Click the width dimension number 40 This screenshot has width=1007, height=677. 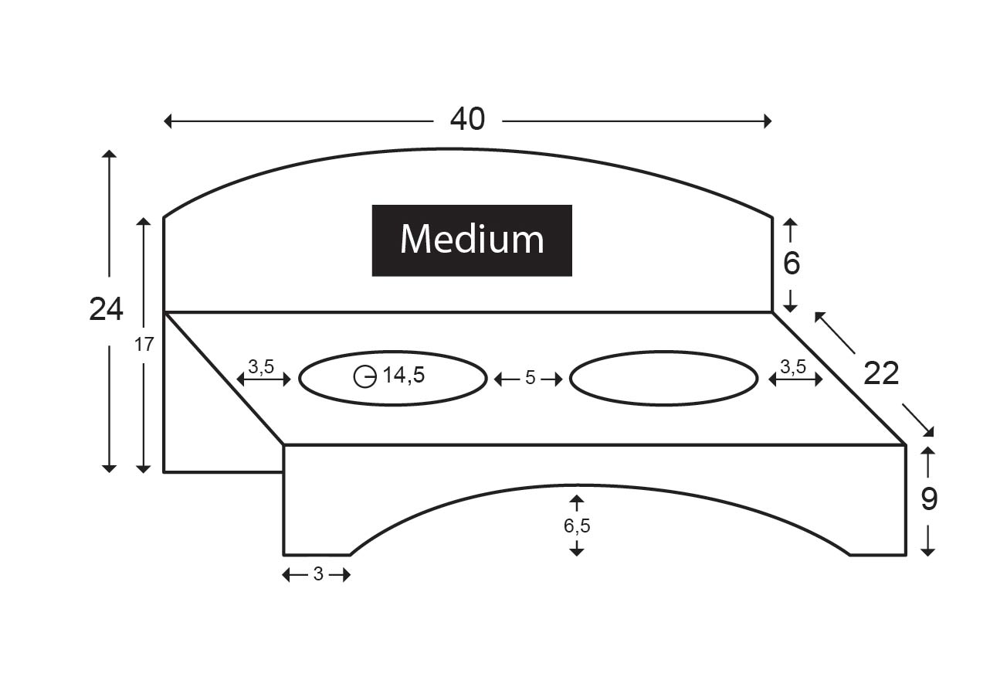[467, 119]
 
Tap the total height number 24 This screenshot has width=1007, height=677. [106, 309]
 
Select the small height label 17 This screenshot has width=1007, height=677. [144, 345]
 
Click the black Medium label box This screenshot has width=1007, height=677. [472, 240]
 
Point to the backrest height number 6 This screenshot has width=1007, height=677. [792, 264]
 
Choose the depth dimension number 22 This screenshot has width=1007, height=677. [881, 373]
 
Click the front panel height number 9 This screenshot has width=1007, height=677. [929, 499]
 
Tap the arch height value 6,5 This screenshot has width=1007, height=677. [577, 526]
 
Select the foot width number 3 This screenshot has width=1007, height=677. [318, 573]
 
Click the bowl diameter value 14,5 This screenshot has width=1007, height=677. [404, 375]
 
